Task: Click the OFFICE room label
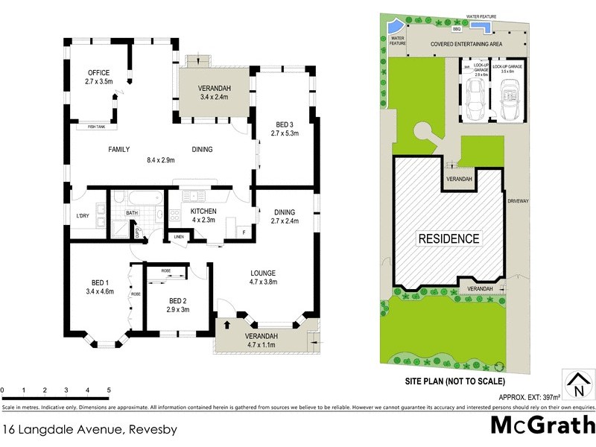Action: [99, 72]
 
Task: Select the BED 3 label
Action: [264, 124]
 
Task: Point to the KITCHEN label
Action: [182, 211]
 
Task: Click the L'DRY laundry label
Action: [83, 216]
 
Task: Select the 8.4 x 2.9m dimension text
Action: [159, 159]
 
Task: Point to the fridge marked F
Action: [244, 232]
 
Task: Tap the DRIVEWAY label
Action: [518, 201]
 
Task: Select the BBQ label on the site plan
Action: [457, 29]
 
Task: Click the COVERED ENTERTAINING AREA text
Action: [466, 45]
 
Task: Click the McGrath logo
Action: [542, 425]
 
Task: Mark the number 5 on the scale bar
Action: [109, 390]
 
